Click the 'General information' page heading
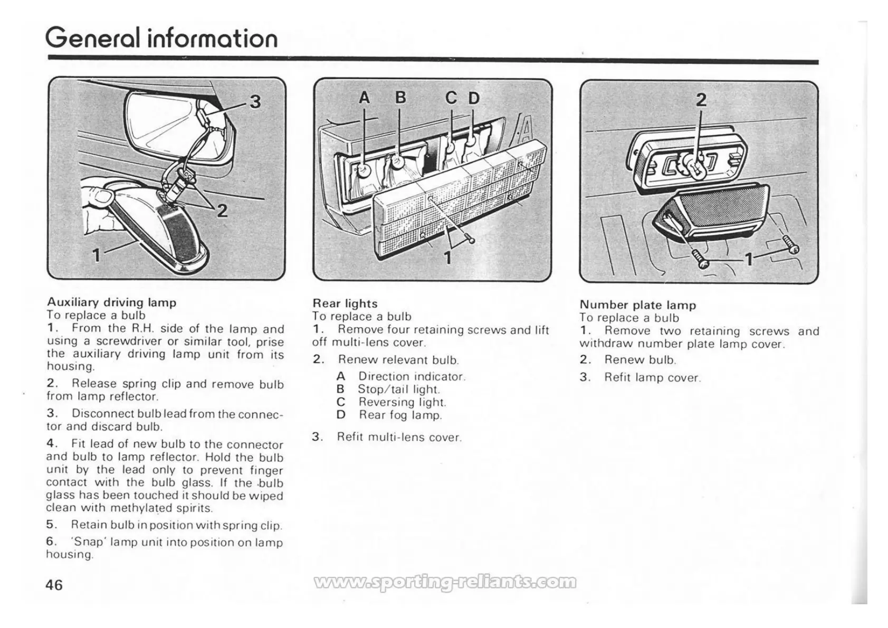point(161,38)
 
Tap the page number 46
point(54,585)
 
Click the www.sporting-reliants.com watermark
point(445,582)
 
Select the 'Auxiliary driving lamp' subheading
point(112,302)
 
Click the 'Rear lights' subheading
point(345,303)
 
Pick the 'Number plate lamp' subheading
point(638,305)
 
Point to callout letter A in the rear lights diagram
point(365,98)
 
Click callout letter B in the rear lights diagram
point(400,98)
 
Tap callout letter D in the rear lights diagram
point(474,98)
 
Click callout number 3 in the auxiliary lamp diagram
point(255,101)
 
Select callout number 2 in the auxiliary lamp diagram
point(223,211)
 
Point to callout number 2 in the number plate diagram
point(701,100)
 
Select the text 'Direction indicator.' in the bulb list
point(412,377)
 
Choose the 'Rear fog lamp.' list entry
point(400,415)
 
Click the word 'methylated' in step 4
point(141,508)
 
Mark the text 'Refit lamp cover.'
point(653,378)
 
